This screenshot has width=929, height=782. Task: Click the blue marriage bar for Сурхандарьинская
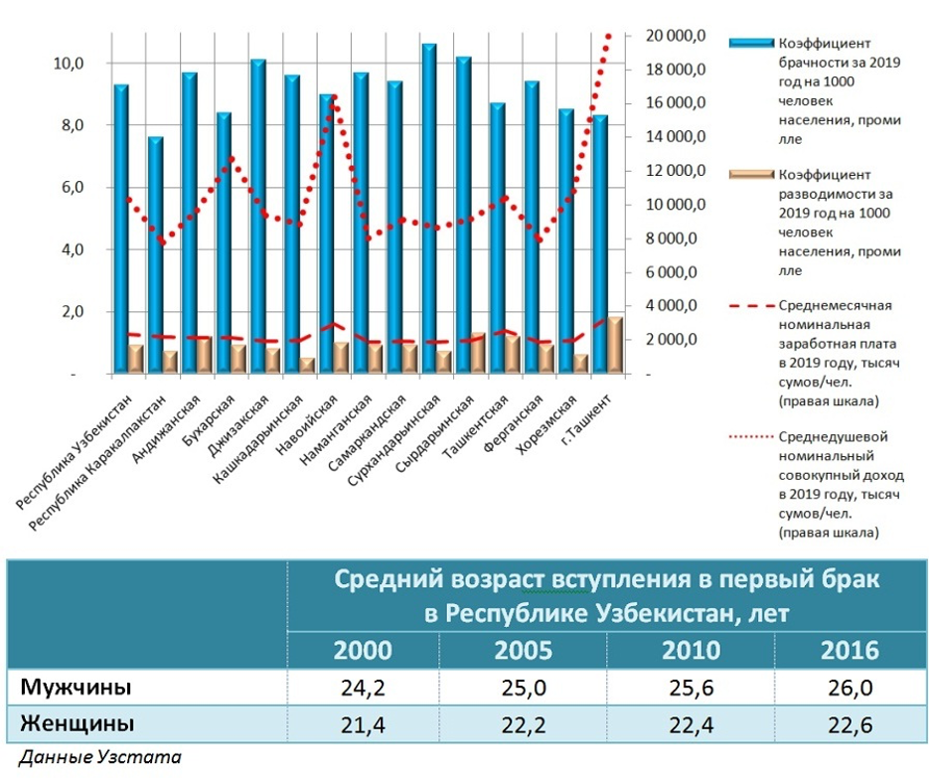[x=428, y=209]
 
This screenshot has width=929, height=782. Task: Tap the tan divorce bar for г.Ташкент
[x=615, y=345]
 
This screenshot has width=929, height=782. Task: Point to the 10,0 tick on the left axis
[x=69, y=64]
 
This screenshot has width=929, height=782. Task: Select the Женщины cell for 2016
[x=850, y=724]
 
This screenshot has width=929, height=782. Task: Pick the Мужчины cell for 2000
[x=363, y=688]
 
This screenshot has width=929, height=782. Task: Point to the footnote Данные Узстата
[x=100, y=757]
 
